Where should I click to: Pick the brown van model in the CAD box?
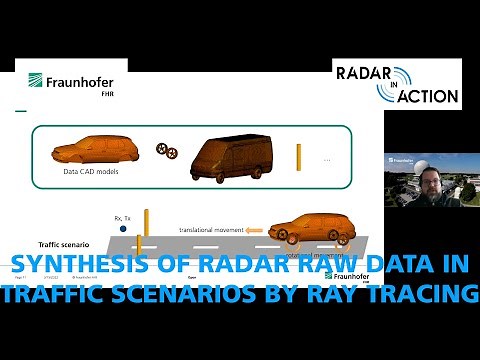(x=233, y=157)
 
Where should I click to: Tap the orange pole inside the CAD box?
(x=298, y=156)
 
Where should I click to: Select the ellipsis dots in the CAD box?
(x=327, y=160)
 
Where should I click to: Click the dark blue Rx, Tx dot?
(x=122, y=229)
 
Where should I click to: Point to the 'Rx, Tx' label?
(x=125, y=214)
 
